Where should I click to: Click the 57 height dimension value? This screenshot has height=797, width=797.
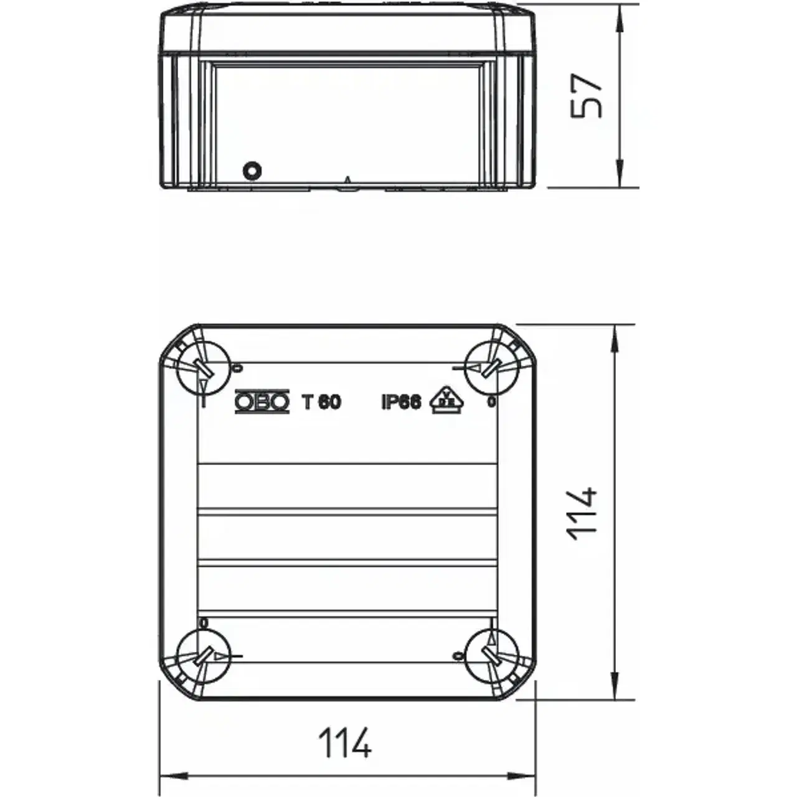[586, 97]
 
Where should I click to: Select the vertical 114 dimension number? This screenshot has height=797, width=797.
[583, 514]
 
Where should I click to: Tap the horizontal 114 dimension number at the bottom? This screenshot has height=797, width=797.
[344, 743]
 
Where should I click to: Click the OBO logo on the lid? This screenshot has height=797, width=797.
[262, 401]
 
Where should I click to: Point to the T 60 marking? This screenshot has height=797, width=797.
[322, 402]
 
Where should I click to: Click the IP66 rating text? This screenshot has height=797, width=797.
[401, 402]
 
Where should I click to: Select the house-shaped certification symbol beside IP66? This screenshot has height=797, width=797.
[447, 400]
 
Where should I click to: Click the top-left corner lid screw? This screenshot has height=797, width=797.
[203, 368]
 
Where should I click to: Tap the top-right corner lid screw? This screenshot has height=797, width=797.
[491, 368]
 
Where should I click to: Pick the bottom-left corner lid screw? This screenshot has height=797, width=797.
[203, 656]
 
